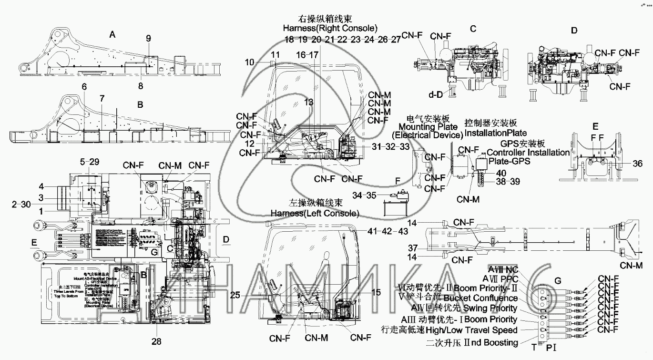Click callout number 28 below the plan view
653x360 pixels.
[156, 341]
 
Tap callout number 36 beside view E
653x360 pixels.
[638, 164]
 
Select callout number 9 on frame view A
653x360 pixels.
[148, 38]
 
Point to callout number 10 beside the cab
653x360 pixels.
[264, 62]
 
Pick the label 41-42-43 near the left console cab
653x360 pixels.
[388, 230]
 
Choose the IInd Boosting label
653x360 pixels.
[492, 342]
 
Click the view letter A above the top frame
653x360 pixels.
[112, 34]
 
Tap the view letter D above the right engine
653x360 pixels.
[574, 31]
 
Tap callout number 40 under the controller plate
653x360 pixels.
[500, 173]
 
